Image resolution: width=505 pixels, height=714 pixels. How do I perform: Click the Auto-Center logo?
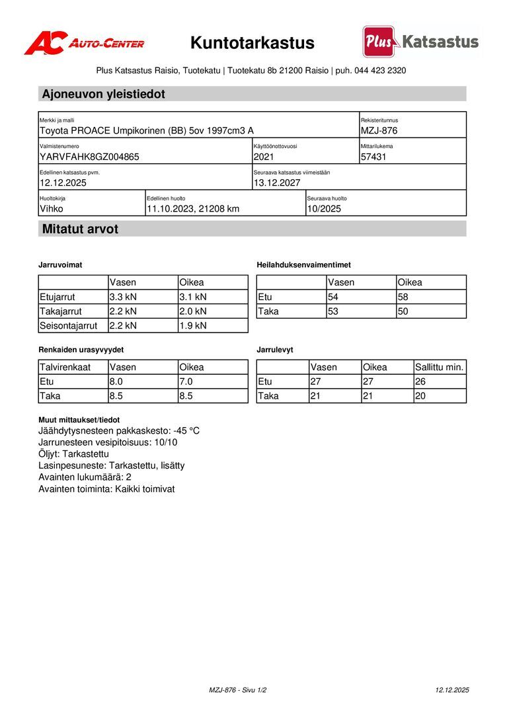[84, 43]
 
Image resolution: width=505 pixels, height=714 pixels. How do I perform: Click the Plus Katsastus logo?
[420, 42]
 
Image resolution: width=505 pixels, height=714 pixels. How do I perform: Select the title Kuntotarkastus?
[252, 43]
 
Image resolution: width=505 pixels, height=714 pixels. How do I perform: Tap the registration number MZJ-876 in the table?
[379, 131]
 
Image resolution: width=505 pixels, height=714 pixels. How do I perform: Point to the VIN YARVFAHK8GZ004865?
[89, 157]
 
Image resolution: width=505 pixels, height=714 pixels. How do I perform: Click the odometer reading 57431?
[373, 157]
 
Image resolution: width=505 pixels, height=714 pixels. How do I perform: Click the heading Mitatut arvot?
[80, 229]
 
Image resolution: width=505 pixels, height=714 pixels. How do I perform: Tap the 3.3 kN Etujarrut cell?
[123, 297]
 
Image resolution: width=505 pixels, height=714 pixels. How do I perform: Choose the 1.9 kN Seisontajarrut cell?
[193, 325]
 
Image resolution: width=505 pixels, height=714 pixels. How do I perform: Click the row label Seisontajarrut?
[69, 325]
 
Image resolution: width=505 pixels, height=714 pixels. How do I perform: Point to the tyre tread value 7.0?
[186, 381]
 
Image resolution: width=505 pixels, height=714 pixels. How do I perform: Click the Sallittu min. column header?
[440, 367]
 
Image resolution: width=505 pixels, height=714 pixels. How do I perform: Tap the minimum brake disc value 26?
[420, 381]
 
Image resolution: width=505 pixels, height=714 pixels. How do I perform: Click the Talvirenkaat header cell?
[65, 367]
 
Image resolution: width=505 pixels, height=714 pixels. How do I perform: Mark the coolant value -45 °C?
[186, 431]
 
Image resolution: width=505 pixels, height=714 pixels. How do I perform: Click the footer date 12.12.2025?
[452, 690]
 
